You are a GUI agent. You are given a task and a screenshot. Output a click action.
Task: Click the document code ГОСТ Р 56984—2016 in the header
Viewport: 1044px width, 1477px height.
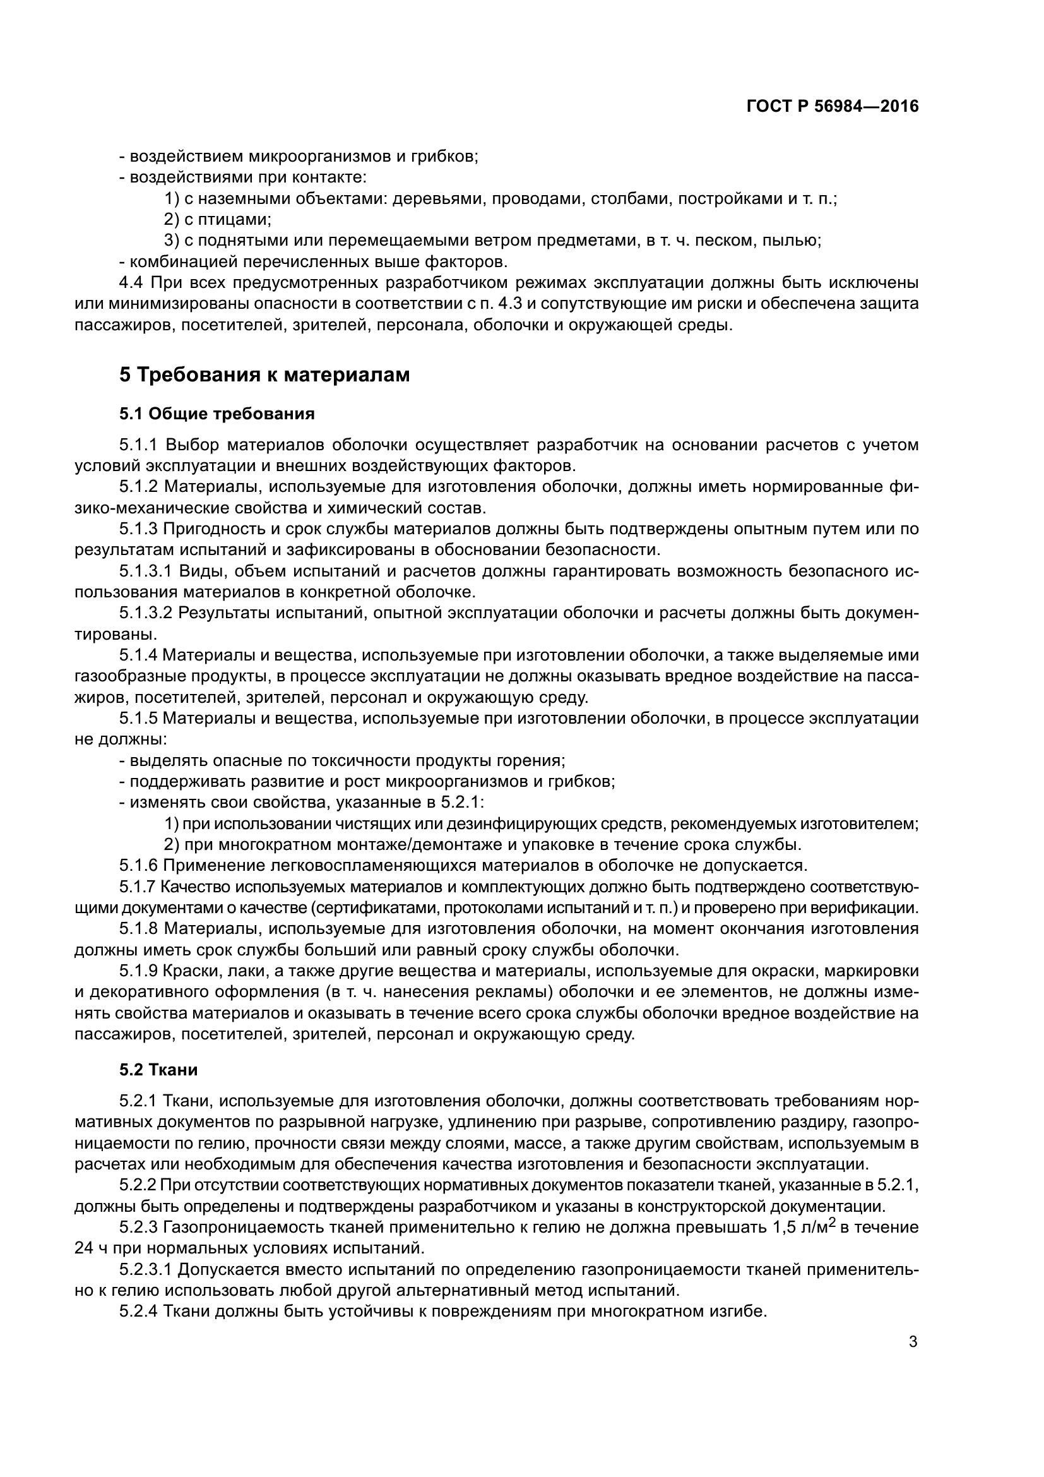[x=833, y=107]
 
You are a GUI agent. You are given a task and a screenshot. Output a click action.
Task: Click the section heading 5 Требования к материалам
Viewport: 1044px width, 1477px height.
[x=264, y=375]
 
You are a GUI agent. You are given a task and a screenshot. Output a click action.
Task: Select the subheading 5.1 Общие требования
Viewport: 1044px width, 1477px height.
[x=217, y=414]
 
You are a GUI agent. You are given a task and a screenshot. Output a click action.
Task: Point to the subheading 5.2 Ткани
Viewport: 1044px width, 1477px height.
[x=158, y=1070]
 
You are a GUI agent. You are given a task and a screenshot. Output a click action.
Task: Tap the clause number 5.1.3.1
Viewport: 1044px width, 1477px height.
[x=145, y=571]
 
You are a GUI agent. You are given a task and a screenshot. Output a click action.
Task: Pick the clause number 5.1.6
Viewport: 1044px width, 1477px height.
[x=138, y=865]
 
